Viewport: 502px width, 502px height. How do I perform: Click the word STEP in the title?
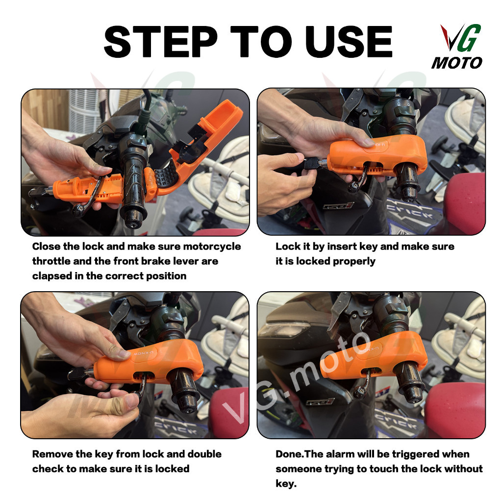pyautogui.click(x=161, y=42)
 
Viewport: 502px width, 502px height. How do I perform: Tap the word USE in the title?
pyautogui.click(x=349, y=42)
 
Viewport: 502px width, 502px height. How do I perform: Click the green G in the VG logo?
pyautogui.click(x=470, y=37)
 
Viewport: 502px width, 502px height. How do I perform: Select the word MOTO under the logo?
pyautogui.click(x=457, y=62)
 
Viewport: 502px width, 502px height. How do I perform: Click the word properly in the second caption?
pyautogui.click(x=354, y=262)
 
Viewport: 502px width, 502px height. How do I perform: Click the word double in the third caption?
pyautogui.click(x=204, y=454)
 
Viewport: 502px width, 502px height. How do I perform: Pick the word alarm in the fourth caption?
pyautogui.click(x=339, y=454)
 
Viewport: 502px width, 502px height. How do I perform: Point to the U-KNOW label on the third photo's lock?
pyautogui.click(x=143, y=353)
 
